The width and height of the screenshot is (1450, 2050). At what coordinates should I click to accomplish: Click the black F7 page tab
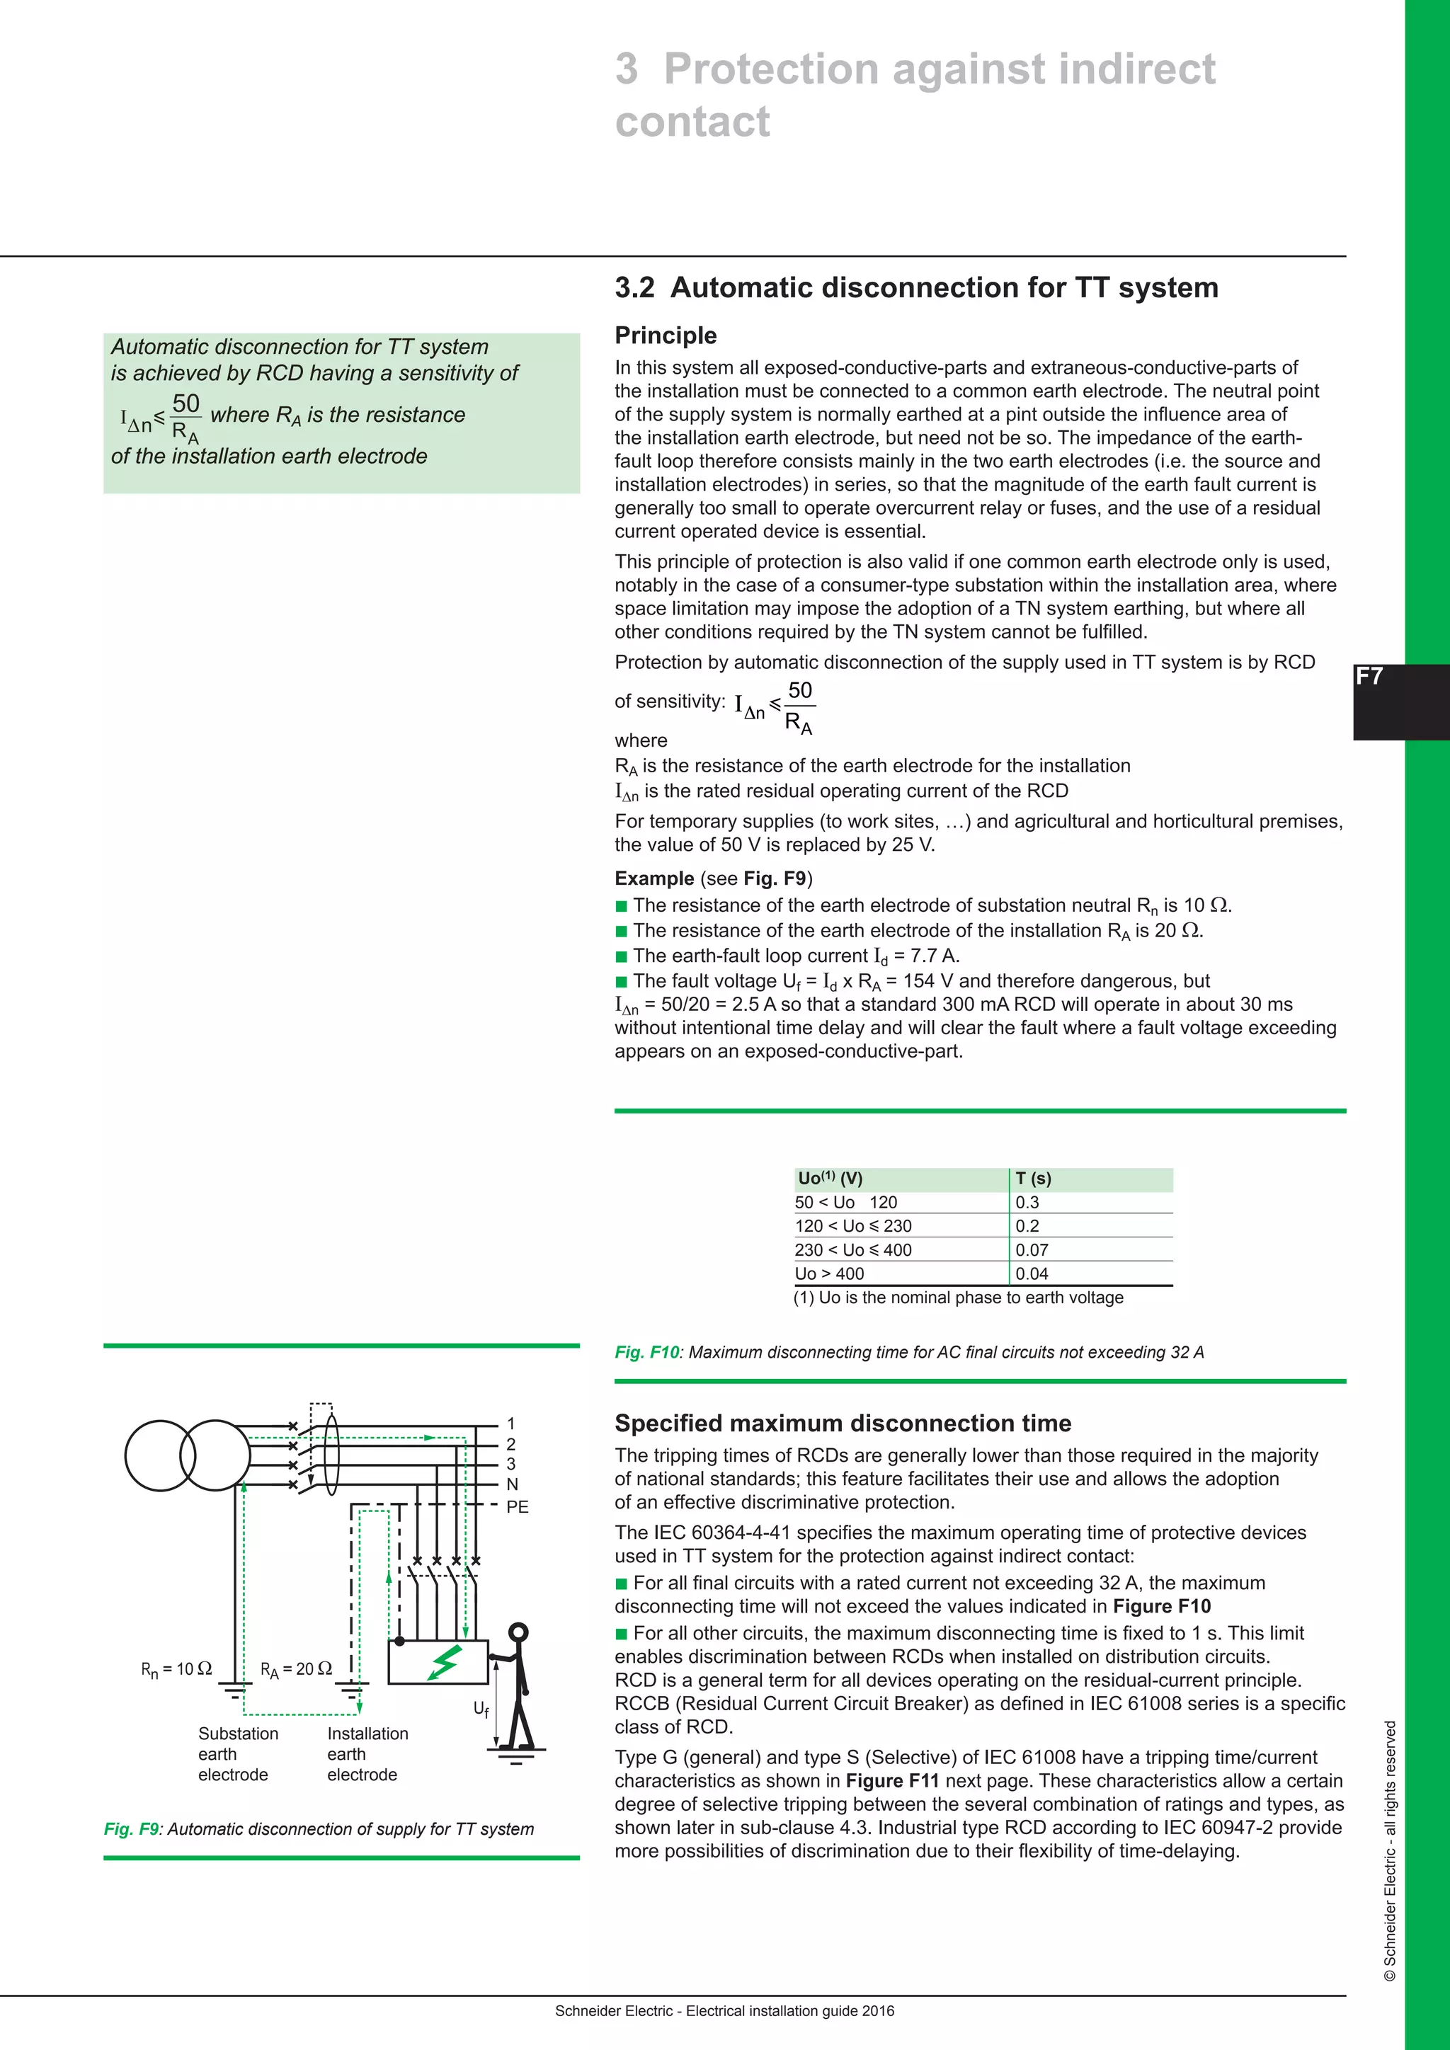[x=1399, y=702]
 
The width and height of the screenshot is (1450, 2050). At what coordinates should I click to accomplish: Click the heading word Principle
[x=666, y=335]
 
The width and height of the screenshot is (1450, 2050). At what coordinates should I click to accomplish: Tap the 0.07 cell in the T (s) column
[x=1032, y=1250]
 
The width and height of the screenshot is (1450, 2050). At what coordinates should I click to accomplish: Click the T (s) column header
[x=1033, y=1179]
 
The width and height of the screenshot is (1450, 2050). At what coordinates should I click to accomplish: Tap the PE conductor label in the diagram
[x=517, y=1506]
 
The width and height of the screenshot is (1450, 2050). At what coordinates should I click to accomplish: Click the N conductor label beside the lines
[x=512, y=1484]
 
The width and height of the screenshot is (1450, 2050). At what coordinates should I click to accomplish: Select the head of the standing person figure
[x=518, y=1633]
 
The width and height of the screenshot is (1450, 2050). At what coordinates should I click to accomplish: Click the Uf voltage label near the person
[x=481, y=1709]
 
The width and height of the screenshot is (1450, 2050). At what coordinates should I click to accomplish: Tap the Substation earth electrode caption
[x=236, y=1753]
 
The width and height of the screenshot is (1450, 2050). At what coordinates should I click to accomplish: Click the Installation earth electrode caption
[x=366, y=1753]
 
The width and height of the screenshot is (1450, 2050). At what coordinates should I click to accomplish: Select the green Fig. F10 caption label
[x=646, y=1352]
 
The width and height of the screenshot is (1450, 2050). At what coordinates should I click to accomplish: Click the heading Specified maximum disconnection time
[x=842, y=1424]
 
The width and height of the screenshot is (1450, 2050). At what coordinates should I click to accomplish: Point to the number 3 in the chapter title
[x=627, y=69]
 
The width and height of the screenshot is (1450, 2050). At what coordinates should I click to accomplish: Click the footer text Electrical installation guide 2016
[x=789, y=2011]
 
